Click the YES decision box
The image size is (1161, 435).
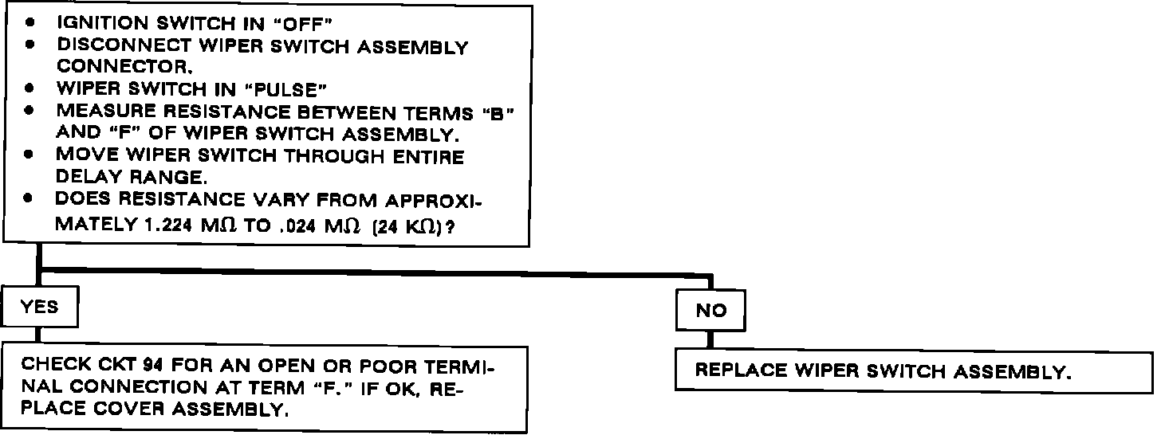tap(41, 307)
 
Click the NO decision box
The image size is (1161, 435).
tap(711, 311)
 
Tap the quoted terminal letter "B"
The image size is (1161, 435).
tap(498, 113)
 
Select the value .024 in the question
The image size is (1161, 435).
tap(297, 225)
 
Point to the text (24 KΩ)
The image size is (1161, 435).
tap(411, 225)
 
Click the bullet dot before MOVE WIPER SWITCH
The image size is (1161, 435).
tap(30, 156)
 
